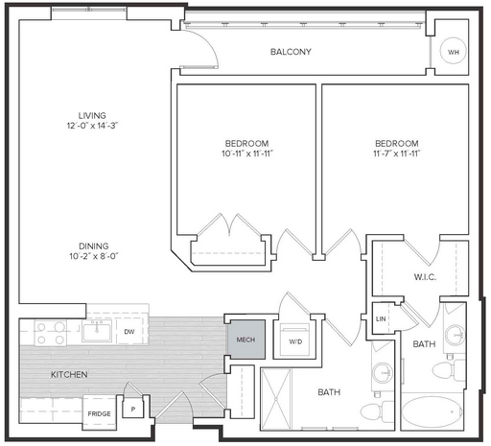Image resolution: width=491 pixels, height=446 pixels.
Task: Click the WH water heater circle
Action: tap(453, 52)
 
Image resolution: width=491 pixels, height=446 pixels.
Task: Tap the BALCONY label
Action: tap(291, 52)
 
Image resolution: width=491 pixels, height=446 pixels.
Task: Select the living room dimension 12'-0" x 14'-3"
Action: tap(92, 126)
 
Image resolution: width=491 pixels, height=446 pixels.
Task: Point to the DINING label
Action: tap(94, 246)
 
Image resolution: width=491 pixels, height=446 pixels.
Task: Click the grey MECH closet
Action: tap(245, 340)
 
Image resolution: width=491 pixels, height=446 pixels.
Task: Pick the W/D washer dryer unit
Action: tap(295, 340)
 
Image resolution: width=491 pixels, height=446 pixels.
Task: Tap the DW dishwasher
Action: tap(129, 332)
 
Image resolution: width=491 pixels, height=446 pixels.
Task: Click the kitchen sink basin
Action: tap(96, 331)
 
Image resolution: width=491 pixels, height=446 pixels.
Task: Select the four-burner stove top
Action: tap(51, 333)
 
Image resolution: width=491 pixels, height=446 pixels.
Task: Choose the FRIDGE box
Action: tap(100, 412)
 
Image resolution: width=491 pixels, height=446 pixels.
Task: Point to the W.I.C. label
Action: tap(425, 277)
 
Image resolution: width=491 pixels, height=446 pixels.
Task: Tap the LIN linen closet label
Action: tap(381, 318)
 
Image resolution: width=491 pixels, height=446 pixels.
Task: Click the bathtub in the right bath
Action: tap(432, 411)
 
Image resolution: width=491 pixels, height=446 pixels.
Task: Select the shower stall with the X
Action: tap(276, 399)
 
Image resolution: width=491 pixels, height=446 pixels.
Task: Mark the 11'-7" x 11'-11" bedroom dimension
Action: tap(397, 153)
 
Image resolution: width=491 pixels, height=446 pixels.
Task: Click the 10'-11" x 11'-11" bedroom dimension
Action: tap(247, 153)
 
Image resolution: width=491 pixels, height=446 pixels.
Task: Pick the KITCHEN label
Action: tap(69, 374)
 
